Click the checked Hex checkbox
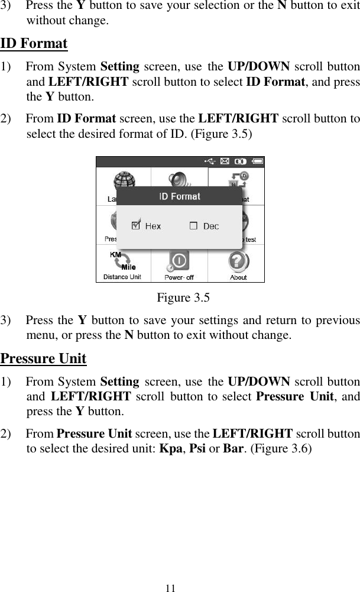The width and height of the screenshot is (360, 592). [x=136, y=225]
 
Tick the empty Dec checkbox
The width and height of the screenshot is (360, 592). [x=193, y=226]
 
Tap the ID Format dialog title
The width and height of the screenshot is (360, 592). [x=180, y=196]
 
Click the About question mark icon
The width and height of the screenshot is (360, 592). [x=238, y=261]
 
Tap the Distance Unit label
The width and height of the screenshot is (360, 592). [x=122, y=277]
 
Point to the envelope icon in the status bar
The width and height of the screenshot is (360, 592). [x=225, y=160]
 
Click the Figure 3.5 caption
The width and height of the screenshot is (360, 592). [x=183, y=297]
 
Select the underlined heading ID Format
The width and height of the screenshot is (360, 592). [x=34, y=44]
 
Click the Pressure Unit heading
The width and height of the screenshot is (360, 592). [x=44, y=358]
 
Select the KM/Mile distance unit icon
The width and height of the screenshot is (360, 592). [x=122, y=261]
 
